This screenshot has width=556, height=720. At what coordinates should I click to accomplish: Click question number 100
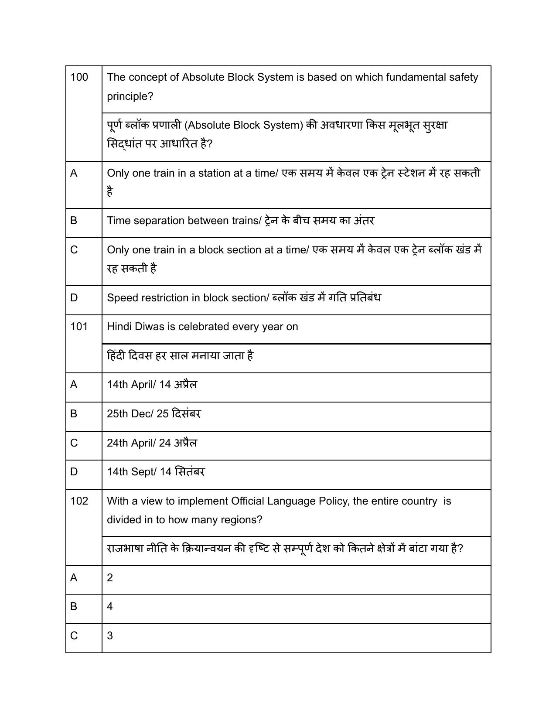point(79,77)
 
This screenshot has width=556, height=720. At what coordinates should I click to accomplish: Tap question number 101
point(79,327)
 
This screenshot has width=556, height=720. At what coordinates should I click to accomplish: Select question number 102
point(79,501)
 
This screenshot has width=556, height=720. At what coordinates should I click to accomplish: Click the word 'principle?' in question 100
point(130,96)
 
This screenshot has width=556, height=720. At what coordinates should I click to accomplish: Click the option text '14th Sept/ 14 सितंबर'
point(156,472)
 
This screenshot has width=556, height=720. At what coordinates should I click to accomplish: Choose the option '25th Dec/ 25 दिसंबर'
point(153,414)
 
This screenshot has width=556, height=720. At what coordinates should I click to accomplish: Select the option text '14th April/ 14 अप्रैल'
point(152,385)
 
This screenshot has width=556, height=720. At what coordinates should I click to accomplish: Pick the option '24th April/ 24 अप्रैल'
point(152,443)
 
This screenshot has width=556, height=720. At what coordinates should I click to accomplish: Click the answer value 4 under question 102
point(110,607)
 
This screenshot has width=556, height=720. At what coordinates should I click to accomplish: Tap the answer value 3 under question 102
point(110,636)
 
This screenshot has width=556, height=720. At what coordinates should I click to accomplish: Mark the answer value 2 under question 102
point(110,578)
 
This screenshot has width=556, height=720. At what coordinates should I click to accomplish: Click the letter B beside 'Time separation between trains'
point(74,221)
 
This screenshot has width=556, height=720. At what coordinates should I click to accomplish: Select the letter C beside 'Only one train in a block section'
point(74,250)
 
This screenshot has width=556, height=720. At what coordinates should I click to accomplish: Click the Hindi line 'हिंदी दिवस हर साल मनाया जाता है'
point(180,356)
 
